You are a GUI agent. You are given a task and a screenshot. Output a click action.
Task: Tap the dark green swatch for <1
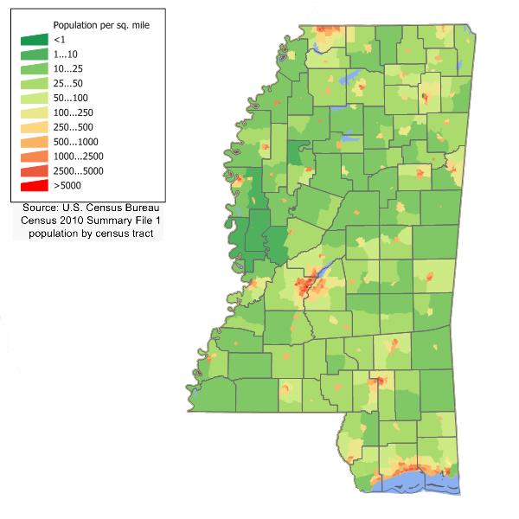[x=35, y=40]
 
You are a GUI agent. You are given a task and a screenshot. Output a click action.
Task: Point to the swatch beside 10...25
[x=35, y=67]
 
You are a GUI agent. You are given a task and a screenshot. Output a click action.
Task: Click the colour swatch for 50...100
[x=35, y=98]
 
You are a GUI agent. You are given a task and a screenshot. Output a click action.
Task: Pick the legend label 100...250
[x=71, y=113]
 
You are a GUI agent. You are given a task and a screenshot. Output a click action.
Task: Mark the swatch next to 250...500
[x=35, y=127]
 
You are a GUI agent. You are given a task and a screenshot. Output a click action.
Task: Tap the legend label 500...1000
[x=74, y=142]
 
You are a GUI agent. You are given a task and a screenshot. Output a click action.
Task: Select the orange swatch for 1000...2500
[x=35, y=157]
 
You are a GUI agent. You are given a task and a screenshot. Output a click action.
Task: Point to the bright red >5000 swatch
[x=35, y=185]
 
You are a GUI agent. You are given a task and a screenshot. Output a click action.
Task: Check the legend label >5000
[x=65, y=185]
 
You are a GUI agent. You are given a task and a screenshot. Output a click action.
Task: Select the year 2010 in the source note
[x=74, y=221]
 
